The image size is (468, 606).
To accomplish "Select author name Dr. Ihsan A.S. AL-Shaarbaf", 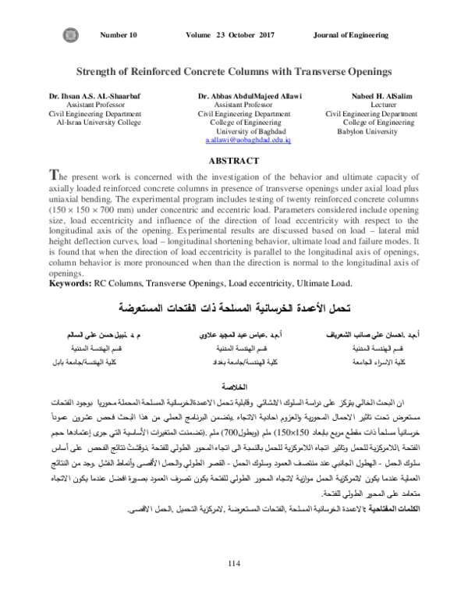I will tap(87, 94).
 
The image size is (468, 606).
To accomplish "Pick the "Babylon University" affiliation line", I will tap(366, 131).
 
